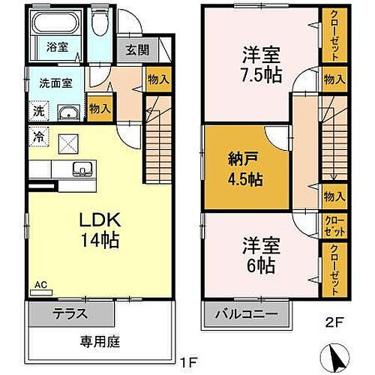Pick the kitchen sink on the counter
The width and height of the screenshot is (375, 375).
tap(81, 169)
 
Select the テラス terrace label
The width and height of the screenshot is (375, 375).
tap(69, 314)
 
